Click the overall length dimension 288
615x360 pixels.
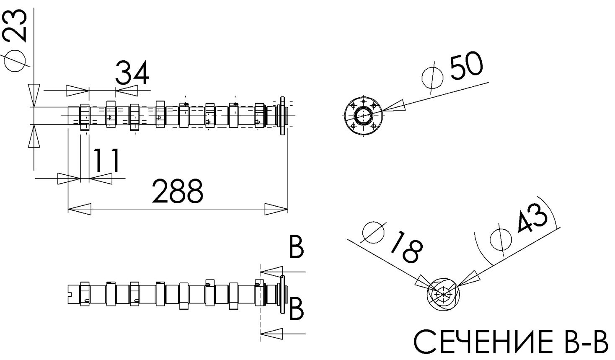point(177,192)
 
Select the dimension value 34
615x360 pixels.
point(132,73)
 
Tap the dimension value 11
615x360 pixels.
point(106,161)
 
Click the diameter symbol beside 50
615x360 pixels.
point(432,78)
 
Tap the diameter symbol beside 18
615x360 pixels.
point(373,233)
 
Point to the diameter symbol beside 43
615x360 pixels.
point(501,239)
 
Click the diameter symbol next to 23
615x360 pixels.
point(15,61)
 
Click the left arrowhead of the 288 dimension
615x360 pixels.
point(79,209)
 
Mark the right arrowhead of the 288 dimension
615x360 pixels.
point(276,209)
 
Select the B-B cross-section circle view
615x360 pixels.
point(442,294)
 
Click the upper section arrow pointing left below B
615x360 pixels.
point(271,272)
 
